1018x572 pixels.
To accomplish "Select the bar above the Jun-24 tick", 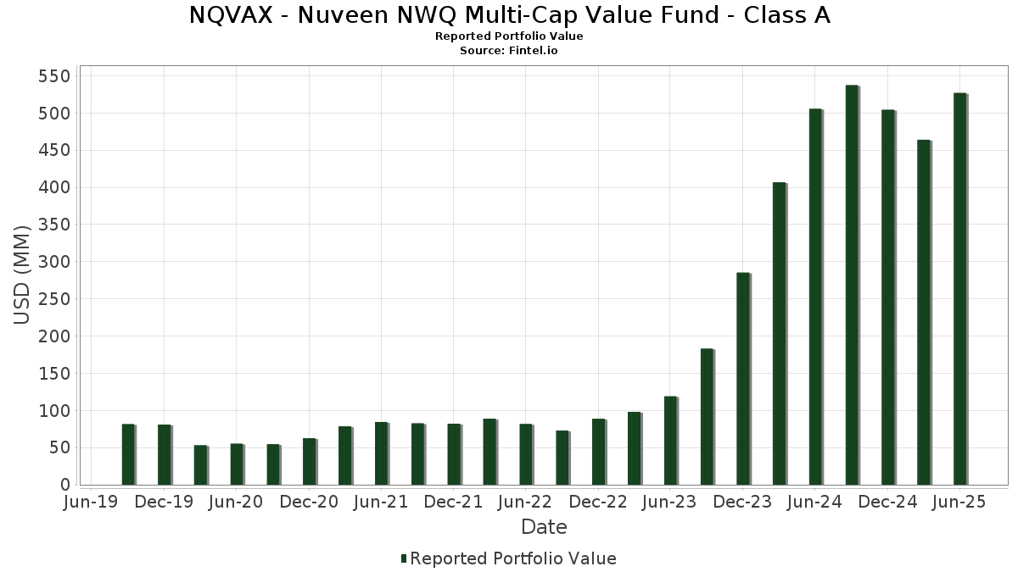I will click(815, 297).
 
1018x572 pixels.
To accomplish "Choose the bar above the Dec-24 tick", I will click(887, 297).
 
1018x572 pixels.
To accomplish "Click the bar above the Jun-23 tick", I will click(670, 441).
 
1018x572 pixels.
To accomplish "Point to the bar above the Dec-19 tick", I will click(164, 455).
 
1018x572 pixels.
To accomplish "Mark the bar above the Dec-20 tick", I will click(309, 462).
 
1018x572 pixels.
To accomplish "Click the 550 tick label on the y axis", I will click(54, 76).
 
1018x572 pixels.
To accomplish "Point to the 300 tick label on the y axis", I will click(54, 262).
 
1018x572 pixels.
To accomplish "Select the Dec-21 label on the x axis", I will click(454, 503).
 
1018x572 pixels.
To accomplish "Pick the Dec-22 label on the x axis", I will click(598, 503).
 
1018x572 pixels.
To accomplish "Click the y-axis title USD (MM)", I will click(23, 274).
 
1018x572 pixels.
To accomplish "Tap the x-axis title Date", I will click(544, 527).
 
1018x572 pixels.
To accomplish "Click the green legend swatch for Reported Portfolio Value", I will click(404, 558).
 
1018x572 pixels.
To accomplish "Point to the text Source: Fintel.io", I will click(509, 50).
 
